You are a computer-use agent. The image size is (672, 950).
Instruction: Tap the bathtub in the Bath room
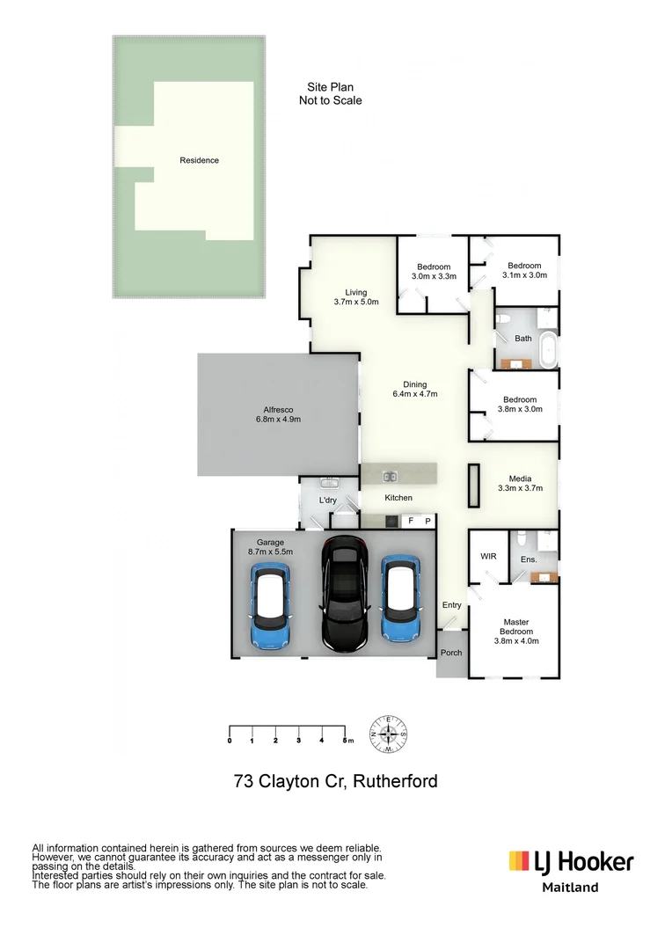point(549,350)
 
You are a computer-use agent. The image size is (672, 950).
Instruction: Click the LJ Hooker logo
point(571,861)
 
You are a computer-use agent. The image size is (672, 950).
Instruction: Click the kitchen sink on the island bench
point(389,477)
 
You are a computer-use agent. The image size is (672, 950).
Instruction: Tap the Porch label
point(451,653)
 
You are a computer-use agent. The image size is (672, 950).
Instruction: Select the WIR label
point(488,557)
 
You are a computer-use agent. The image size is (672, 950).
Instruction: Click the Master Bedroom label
point(516,631)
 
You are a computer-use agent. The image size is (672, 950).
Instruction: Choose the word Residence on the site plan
point(199,160)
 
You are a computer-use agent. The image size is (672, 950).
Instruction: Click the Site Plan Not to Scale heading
point(330,94)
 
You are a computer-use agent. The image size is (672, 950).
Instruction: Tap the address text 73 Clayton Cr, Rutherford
point(335,781)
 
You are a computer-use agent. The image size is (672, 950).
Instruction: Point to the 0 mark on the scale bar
point(230,741)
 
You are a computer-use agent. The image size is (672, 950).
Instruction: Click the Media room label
point(520,483)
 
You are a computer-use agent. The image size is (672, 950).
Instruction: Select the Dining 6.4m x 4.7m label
point(414,389)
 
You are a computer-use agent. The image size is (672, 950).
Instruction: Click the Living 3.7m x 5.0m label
point(355,297)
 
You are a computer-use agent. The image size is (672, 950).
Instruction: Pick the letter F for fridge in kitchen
point(411,521)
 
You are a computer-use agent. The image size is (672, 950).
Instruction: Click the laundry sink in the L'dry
point(329,483)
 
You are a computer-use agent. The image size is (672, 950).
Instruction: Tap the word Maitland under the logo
point(569,888)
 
